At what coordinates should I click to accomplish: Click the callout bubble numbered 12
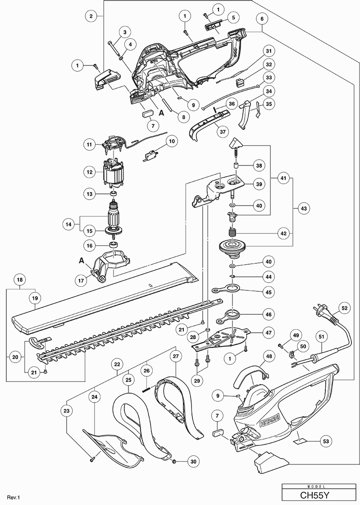click(90, 172)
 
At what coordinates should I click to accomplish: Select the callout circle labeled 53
click(326, 441)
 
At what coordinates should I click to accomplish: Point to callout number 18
click(20, 280)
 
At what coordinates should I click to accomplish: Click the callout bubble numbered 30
click(193, 462)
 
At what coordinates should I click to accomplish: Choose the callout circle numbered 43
click(303, 208)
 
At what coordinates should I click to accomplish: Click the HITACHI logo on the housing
click(269, 421)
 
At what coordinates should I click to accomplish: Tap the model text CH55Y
click(311, 495)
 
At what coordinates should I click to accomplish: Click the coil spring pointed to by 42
click(232, 232)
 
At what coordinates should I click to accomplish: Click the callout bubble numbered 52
click(344, 308)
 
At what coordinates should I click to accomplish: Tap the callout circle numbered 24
click(94, 397)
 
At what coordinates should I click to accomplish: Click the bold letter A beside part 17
click(82, 261)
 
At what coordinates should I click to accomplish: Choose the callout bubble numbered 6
click(262, 19)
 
